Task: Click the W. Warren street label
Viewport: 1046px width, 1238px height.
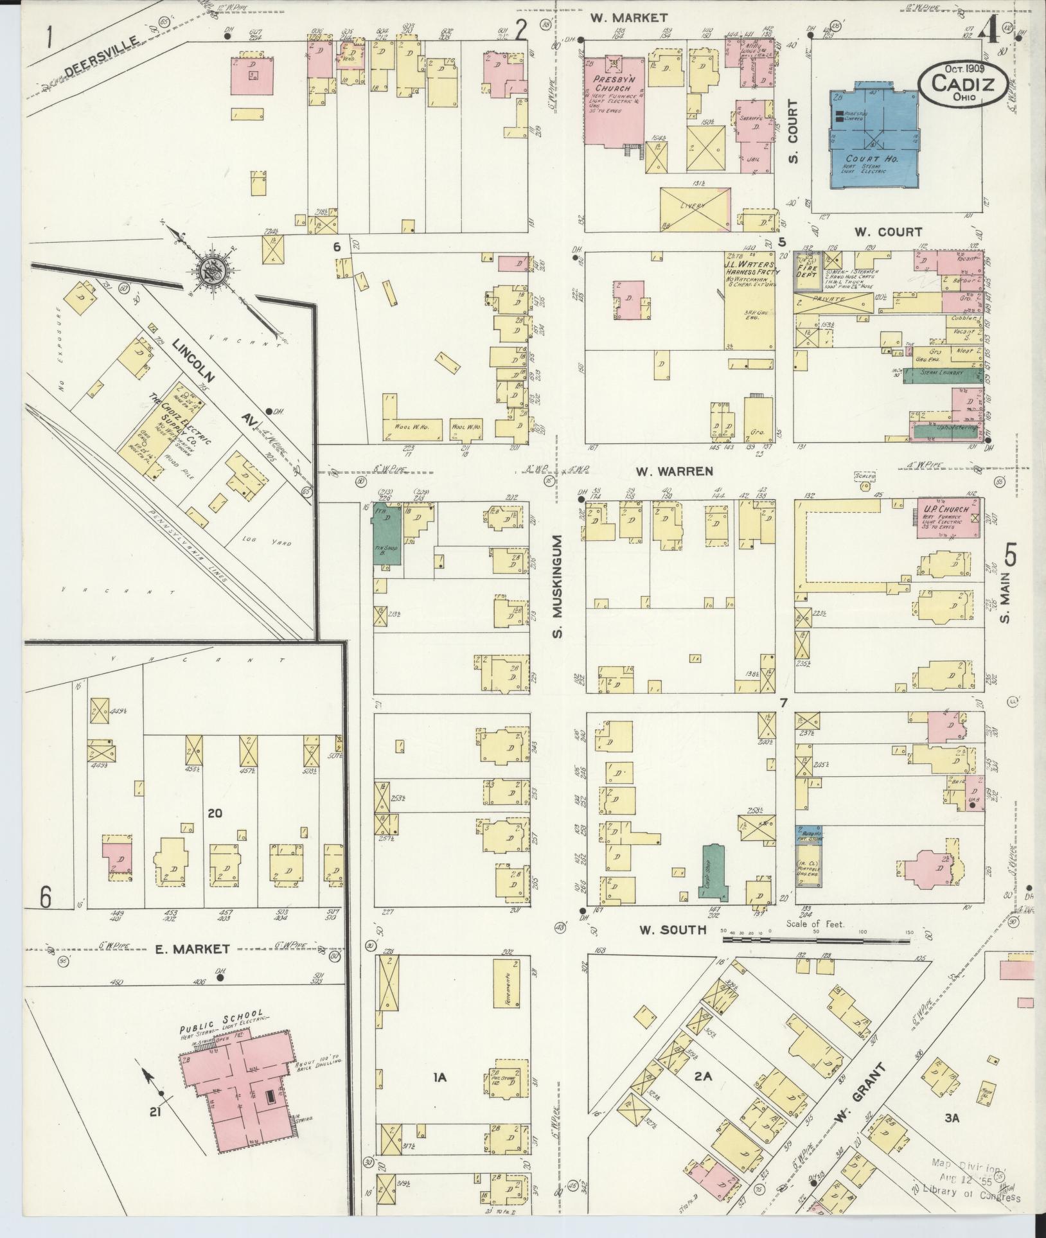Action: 674,472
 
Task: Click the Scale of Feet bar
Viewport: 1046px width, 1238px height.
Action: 816,939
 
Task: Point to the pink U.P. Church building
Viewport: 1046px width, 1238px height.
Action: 948,518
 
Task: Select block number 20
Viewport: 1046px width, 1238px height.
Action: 215,813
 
